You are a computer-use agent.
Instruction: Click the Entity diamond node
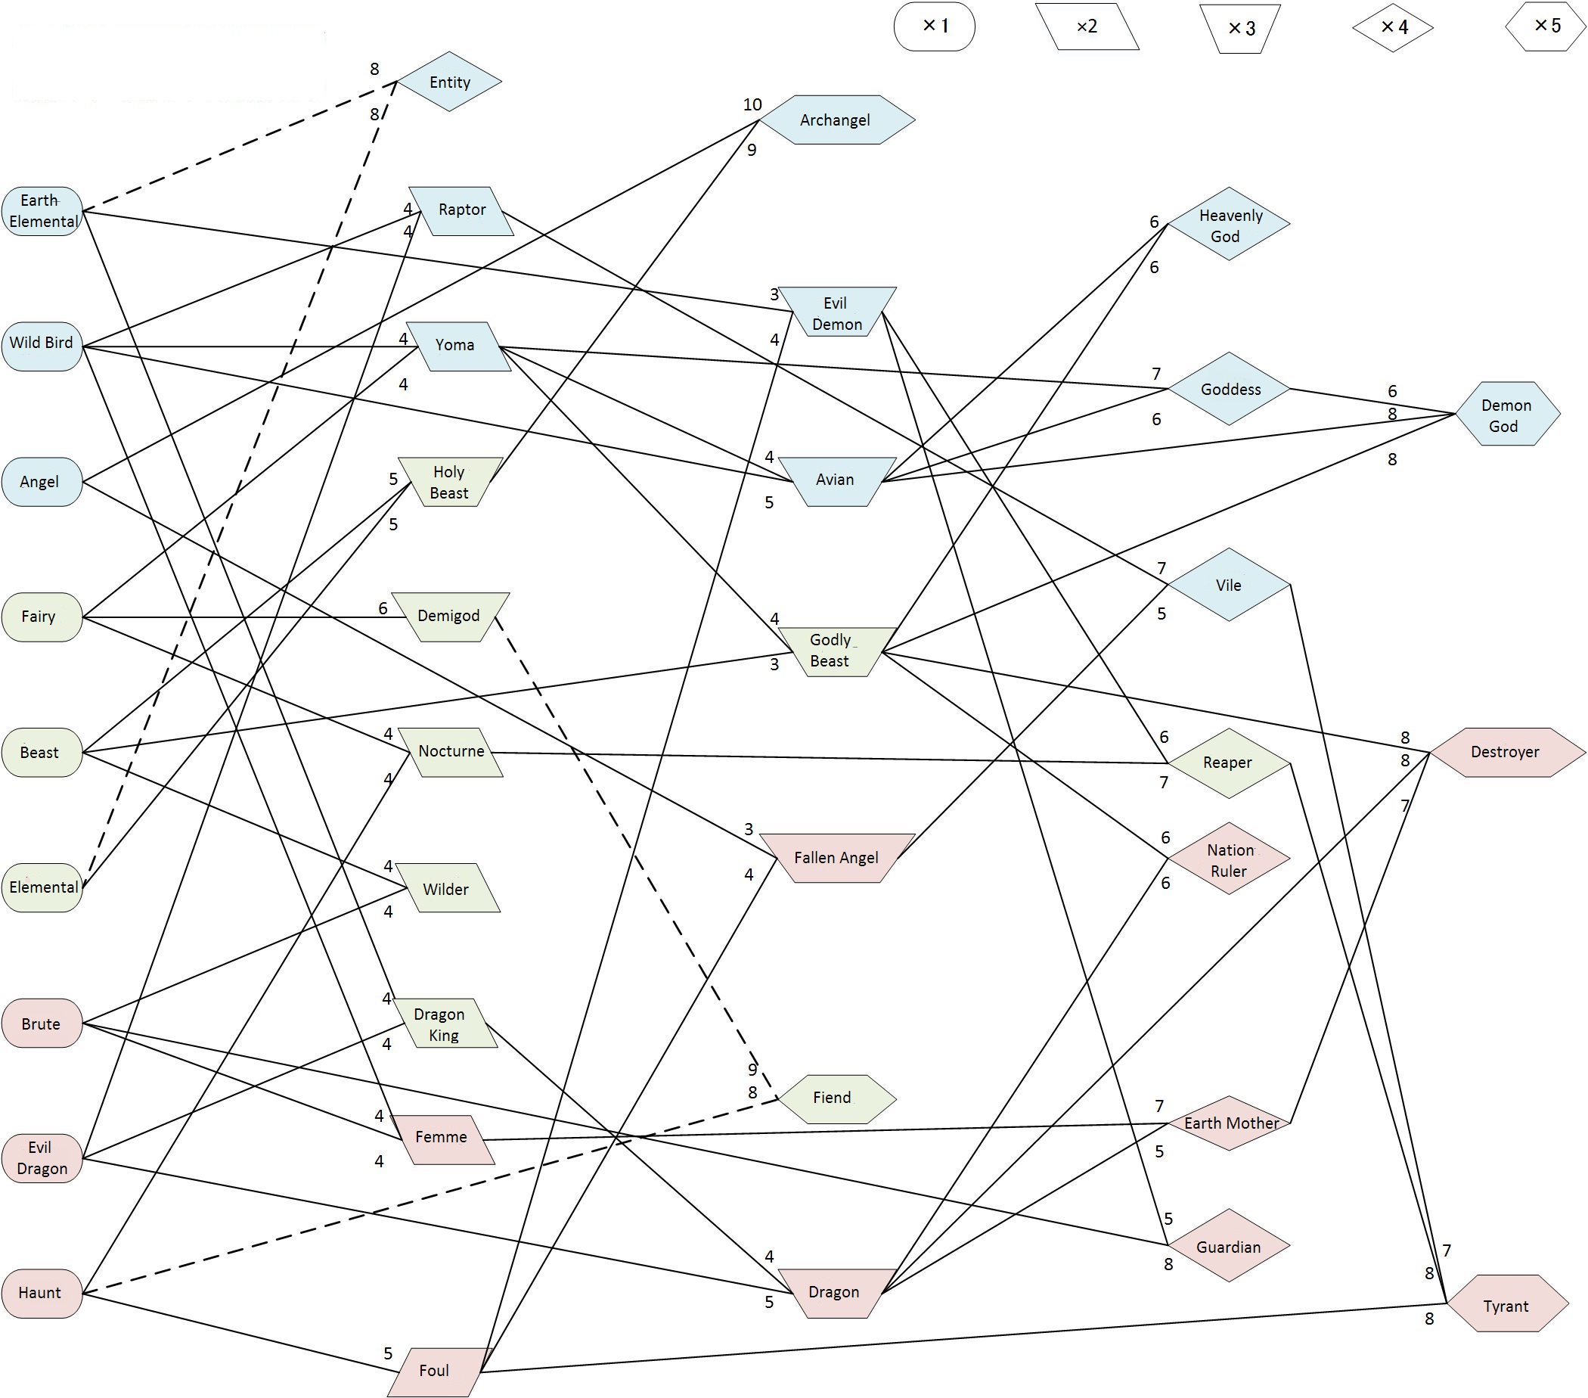point(449,82)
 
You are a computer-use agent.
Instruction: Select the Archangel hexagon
point(836,120)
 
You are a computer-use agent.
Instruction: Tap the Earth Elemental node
point(42,210)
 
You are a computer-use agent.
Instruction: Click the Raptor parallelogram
point(461,210)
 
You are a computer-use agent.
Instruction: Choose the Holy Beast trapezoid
point(450,482)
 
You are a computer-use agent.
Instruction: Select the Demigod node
point(450,617)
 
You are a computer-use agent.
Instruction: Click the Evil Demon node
point(837,312)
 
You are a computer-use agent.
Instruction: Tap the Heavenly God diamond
point(1228,225)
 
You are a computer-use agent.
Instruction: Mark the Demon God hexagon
point(1506,415)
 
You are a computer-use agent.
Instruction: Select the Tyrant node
point(1506,1306)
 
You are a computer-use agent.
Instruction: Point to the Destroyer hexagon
point(1506,752)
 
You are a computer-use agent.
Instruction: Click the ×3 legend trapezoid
point(1241,29)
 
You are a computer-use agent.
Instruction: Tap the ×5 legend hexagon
point(1546,26)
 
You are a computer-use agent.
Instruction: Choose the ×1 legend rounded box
point(934,26)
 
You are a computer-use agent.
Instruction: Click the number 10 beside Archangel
point(752,105)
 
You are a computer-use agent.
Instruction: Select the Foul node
point(435,1371)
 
